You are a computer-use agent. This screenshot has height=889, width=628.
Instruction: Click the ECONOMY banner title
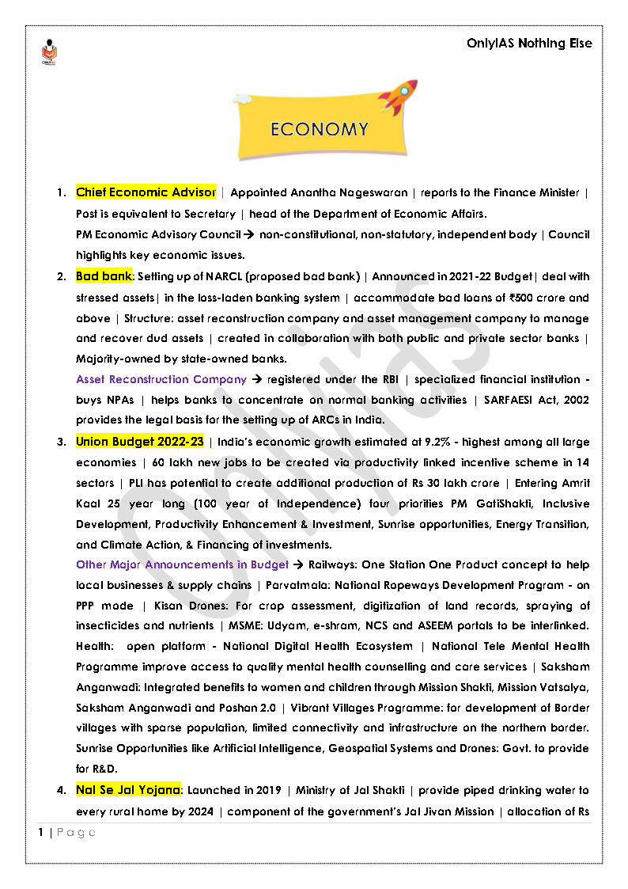point(319,130)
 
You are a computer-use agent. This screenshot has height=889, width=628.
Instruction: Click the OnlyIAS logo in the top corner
point(49,52)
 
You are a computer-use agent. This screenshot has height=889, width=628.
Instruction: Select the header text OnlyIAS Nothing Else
point(529,44)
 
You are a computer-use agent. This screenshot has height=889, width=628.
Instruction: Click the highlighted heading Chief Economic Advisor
point(146,192)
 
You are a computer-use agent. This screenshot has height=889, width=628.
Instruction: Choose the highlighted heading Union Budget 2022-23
point(139,442)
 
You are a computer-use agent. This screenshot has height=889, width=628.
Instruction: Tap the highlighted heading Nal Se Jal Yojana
point(128,790)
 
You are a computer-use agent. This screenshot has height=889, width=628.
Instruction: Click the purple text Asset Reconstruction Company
point(161,379)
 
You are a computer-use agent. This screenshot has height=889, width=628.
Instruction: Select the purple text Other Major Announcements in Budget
point(182,565)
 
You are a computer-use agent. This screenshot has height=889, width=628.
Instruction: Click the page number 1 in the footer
point(40,833)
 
